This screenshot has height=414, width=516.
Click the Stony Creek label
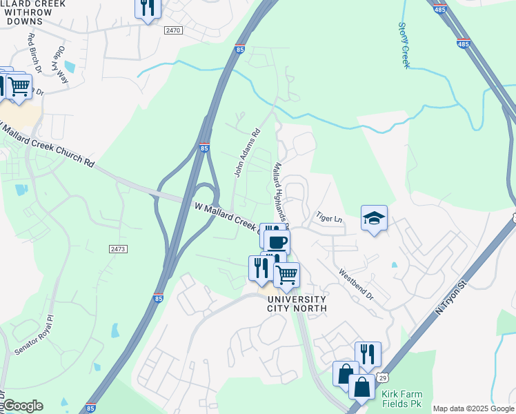pyautogui.click(x=404, y=45)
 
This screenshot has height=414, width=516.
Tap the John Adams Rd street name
pyautogui.click(x=247, y=152)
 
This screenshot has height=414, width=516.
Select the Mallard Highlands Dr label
pyautogui.click(x=281, y=193)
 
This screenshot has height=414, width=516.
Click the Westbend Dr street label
pyautogui.click(x=355, y=285)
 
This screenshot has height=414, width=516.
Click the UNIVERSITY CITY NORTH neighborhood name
pyautogui.click(x=297, y=304)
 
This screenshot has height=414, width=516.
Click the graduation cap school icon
pyautogui.click(x=374, y=219)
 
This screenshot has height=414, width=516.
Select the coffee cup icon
pyautogui.click(x=277, y=242)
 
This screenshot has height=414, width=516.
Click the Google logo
pyautogui.click(x=22, y=406)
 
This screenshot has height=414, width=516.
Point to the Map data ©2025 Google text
pyautogui.click(x=473, y=408)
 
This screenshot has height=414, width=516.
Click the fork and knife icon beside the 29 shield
pyautogui.click(x=368, y=354)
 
